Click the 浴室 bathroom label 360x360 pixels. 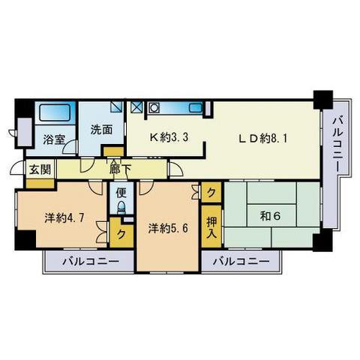53,139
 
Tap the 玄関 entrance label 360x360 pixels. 40,169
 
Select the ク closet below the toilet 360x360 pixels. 120,232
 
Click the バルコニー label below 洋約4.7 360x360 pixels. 89,262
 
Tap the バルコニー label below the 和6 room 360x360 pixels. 239,262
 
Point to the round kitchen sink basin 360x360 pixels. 154,108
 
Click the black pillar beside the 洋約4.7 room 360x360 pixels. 25,240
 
